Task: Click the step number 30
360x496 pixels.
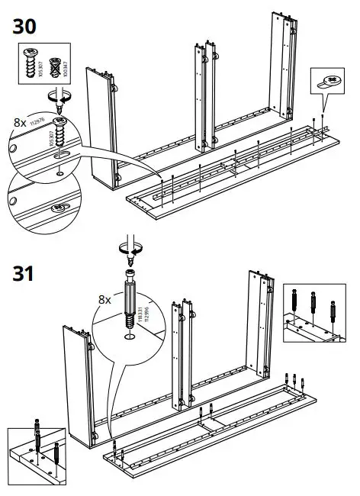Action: coord(24,27)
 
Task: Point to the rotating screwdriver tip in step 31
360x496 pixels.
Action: coord(130,250)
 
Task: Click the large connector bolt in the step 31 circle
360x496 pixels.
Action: coord(130,298)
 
